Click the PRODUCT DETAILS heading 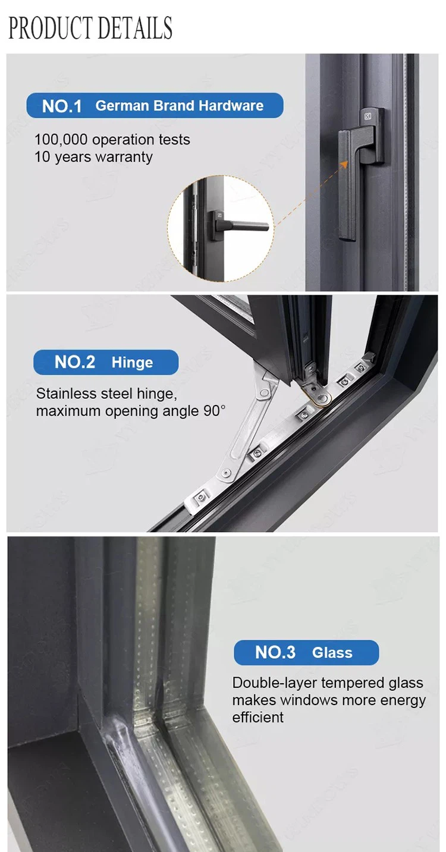tap(90, 28)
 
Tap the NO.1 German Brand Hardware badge tap(155, 105)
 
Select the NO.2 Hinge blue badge tap(106, 362)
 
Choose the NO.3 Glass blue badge tap(306, 653)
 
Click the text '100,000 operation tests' tap(112, 140)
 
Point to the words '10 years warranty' tap(93, 157)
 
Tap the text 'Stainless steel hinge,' tap(106, 394)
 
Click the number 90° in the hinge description tap(213, 411)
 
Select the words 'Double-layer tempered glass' tap(328, 683)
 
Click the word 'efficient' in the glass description tap(258, 718)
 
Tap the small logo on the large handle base tap(368, 117)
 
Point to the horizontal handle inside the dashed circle tap(244, 225)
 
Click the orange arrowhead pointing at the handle tap(344, 164)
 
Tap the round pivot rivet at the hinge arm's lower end tap(227, 473)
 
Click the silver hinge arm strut tap(247, 425)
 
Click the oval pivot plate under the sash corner tap(319, 395)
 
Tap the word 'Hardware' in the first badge tap(231, 105)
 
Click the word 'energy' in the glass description tap(403, 700)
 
